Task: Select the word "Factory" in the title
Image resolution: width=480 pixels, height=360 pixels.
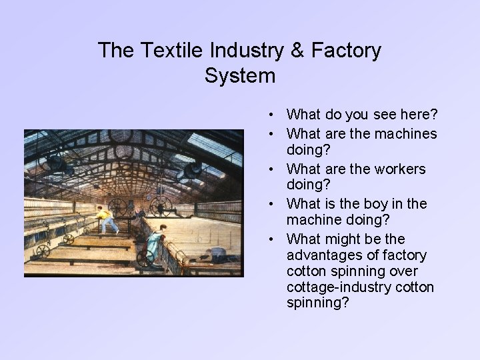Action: pyautogui.click(x=347, y=50)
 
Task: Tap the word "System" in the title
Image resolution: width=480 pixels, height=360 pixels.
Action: pyautogui.click(x=240, y=76)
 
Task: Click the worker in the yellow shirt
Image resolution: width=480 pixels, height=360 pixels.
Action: pyautogui.click(x=106, y=219)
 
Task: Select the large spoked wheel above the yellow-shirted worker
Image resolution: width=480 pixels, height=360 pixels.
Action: pyautogui.click(x=118, y=205)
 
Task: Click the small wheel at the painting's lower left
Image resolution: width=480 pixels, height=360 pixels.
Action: pyautogui.click(x=43, y=251)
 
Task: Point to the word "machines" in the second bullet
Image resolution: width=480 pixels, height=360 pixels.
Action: pyautogui.click(x=406, y=134)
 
